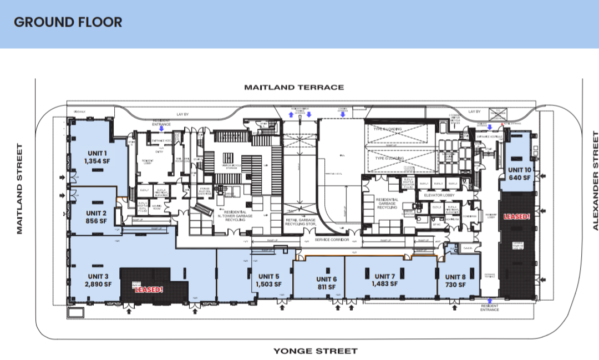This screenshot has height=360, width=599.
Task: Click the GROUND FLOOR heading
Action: [68, 22]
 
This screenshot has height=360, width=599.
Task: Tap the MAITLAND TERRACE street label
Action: [295, 87]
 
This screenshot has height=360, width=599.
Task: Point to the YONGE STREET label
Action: [315, 351]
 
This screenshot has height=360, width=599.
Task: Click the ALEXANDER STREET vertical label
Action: [595, 180]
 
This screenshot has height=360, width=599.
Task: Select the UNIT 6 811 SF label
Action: [327, 283]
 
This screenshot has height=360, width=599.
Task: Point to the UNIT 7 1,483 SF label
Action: [384, 280]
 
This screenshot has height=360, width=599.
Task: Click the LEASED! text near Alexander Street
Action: [516, 216]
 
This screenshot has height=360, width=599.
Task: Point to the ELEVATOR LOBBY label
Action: [439, 195]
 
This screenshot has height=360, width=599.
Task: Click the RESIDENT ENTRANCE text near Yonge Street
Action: [489, 307]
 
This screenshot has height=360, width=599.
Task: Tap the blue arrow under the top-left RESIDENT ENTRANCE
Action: [161, 128]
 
